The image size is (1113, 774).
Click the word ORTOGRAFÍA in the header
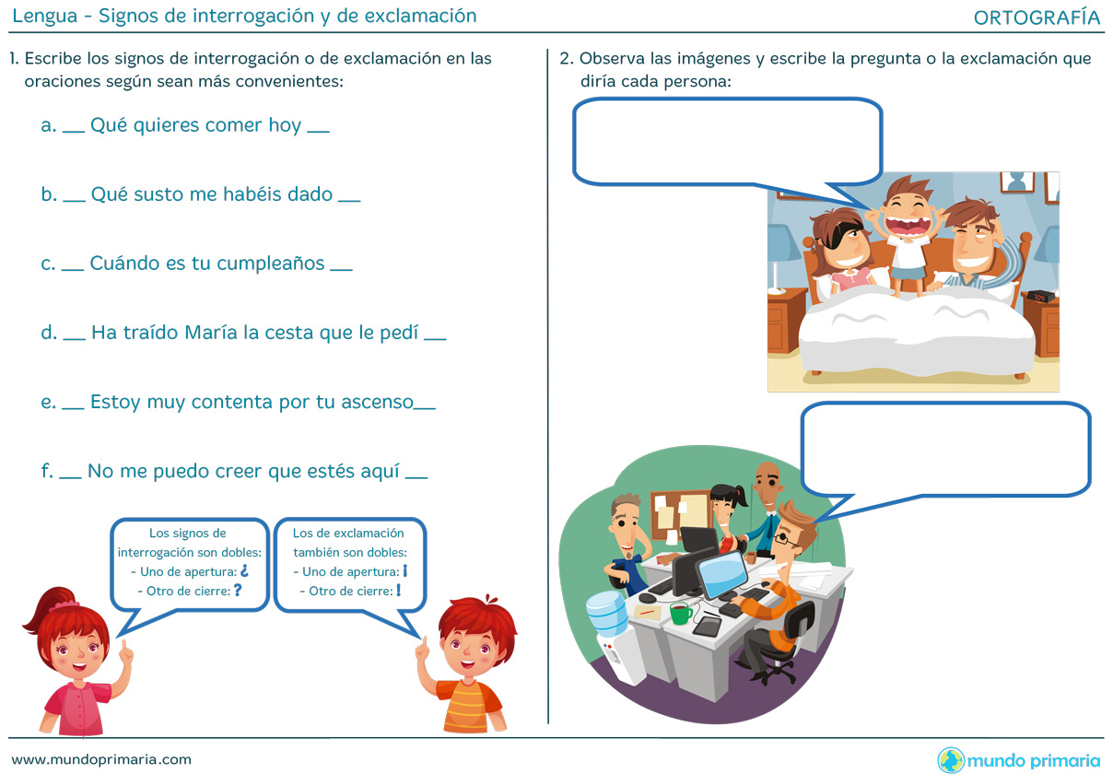[1037, 18]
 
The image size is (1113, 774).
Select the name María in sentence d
[211, 333]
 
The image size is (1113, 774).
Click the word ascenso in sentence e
[377, 402]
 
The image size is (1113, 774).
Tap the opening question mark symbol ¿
[244, 571]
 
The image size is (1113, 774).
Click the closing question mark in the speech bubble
[238, 590]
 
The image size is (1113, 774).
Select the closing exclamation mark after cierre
[399, 590]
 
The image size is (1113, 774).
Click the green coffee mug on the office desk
[680, 613]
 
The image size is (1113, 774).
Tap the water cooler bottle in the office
[605, 614]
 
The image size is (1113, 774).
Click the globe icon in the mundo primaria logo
[950, 759]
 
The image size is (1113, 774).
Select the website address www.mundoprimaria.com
[101, 759]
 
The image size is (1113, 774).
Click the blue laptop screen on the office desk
[722, 573]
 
